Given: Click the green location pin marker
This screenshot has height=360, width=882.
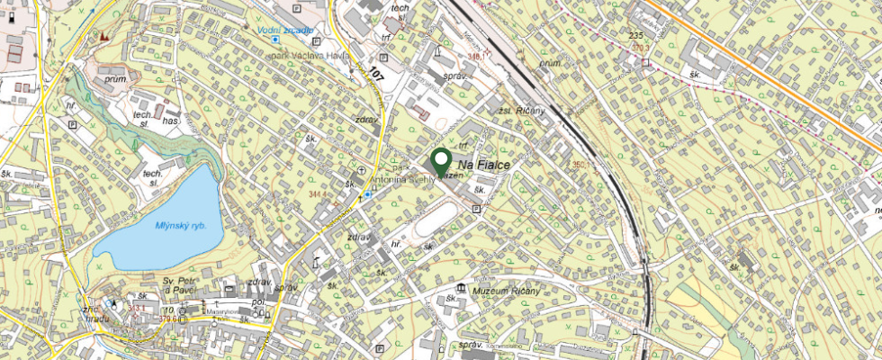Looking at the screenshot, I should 441,162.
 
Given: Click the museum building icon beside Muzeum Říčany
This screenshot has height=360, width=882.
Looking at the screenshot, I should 461,288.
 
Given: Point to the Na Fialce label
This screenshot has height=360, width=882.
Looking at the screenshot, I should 483,166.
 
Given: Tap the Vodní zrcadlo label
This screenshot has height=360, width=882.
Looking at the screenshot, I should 285,30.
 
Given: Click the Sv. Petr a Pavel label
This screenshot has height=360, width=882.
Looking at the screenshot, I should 180,285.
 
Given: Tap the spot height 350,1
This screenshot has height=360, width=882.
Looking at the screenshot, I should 585,165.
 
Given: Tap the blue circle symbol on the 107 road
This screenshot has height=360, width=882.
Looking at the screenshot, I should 367,194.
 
